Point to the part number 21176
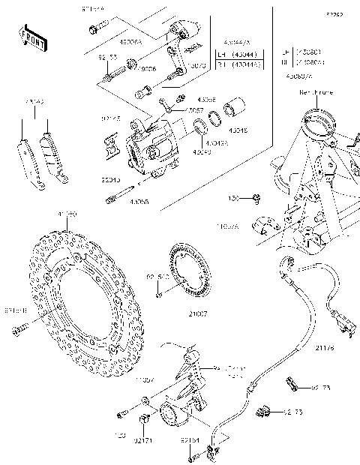point(325,348)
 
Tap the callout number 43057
point(193,110)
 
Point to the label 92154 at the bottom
point(189,442)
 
